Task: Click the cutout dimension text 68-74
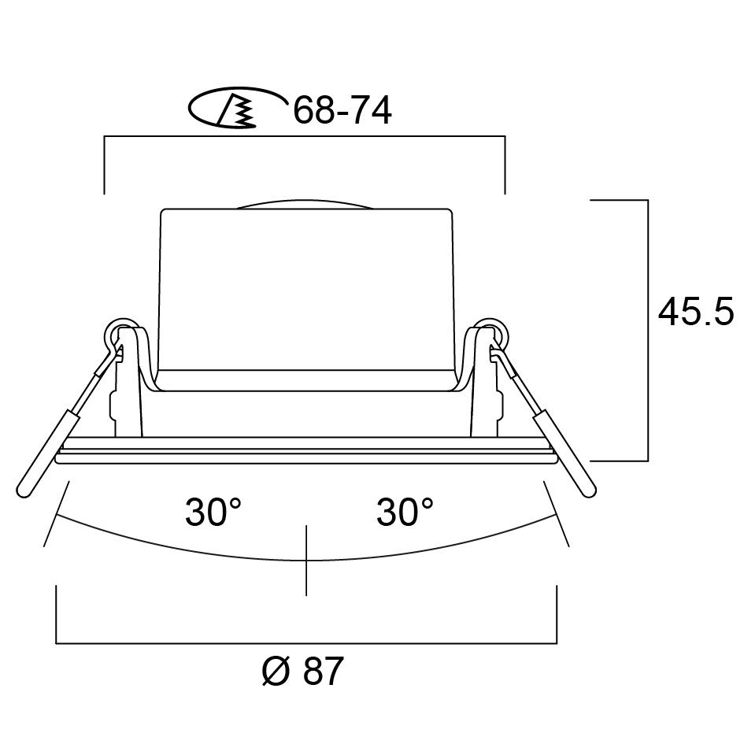[342, 112]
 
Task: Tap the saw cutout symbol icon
[237, 109]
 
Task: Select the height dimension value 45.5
[696, 313]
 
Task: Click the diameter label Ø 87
[302, 672]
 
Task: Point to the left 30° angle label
[213, 513]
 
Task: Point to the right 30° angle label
[405, 513]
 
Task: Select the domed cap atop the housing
[305, 202]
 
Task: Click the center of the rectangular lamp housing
[305, 291]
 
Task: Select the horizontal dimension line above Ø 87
[305, 643]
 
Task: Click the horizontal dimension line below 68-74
[305, 137]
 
